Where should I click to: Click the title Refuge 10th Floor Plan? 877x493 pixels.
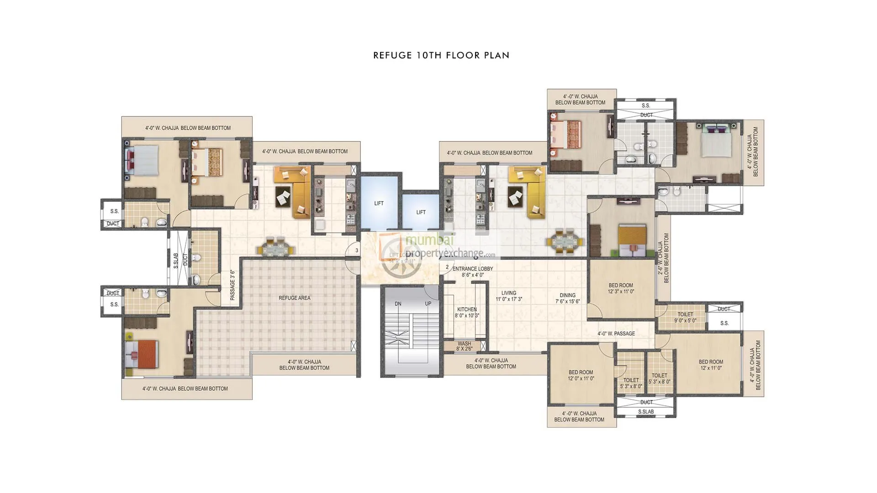pyautogui.click(x=441, y=55)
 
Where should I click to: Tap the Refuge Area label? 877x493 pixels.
pyautogui.click(x=294, y=298)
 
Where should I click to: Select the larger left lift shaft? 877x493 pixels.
pyautogui.click(x=379, y=203)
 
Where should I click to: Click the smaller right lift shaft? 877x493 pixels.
pyautogui.click(x=421, y=212)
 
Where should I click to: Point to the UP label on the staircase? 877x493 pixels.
pyautogui.click(x=428, y=304)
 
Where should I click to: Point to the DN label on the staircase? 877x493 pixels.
pyautogui.click(x=398, y=304)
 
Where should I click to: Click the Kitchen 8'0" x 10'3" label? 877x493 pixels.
pyautogui.click(x=467, y=312)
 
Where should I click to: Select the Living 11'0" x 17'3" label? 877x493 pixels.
pyautogui.click(x=509, y=296)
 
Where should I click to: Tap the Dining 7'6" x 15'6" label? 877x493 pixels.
pyautogui.click(x=567, y=298)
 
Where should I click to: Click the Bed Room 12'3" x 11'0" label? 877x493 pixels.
pyautogui.click(x=621, y=288)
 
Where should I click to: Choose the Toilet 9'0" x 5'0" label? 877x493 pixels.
pyautogui.click(x=685, y=317)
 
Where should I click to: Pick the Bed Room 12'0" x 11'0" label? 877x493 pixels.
pyautogui.click(x=581, y=375)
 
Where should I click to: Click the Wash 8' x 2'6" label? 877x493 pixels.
pyautogui.click(x=464, y=346)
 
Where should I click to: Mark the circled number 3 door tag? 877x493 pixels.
pyautogui.click(x=357, y=251)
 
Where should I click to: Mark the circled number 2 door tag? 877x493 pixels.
pyautogui.click(x=447, y=267)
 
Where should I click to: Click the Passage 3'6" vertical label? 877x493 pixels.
pyautogui.click(x=232, y=284)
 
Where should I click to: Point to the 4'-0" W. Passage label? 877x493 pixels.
pyautogui.click(x=616, y=334)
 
